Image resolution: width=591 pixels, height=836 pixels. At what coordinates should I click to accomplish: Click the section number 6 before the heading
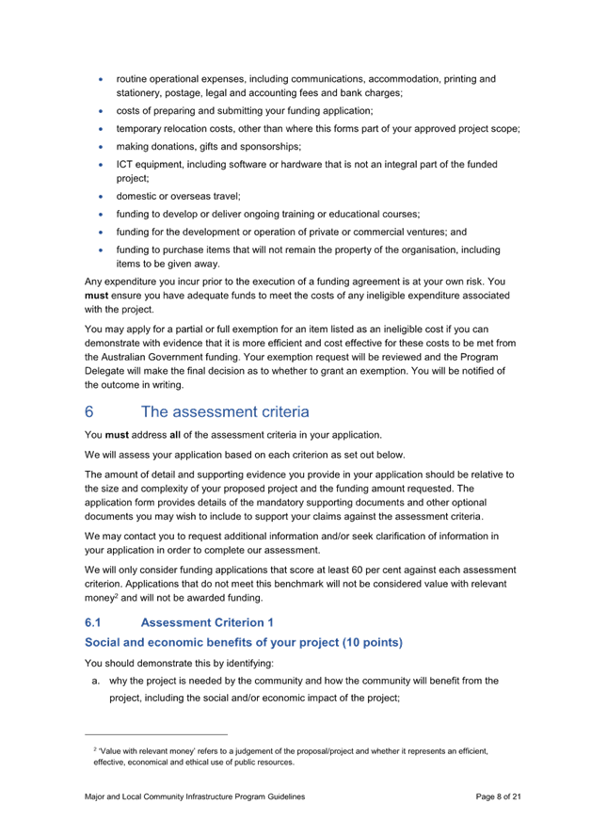pos(88,411)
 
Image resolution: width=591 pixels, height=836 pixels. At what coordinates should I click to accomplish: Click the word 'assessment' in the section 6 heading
pos(218,411)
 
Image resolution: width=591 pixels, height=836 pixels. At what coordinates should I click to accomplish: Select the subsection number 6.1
pos(92,622)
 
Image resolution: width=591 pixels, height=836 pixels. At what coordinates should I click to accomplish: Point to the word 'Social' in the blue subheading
pos(102,642)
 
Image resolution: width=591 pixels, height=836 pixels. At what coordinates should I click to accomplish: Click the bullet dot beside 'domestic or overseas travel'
pos(100,196)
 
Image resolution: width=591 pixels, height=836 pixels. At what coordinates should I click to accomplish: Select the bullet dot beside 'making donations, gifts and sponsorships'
pos(100,146)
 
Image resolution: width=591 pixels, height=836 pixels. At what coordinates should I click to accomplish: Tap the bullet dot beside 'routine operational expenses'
pos(100,79)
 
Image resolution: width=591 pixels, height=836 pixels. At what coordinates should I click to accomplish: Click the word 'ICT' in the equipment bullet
pos(123,164)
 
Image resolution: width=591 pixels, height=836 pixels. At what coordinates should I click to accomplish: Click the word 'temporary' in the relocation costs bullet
pos(137,128)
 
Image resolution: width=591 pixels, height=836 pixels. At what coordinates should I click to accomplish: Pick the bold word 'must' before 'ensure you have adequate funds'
pos(97,295)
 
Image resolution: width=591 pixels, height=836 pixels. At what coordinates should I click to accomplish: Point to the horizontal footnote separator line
pos(156,733)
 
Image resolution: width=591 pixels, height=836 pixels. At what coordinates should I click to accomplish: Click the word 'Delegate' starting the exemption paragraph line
pos(104,371)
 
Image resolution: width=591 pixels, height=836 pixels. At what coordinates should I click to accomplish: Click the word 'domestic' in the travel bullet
pos(135,196)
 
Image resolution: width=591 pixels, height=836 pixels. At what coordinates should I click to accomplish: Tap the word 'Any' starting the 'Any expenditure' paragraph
pos(92,281)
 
